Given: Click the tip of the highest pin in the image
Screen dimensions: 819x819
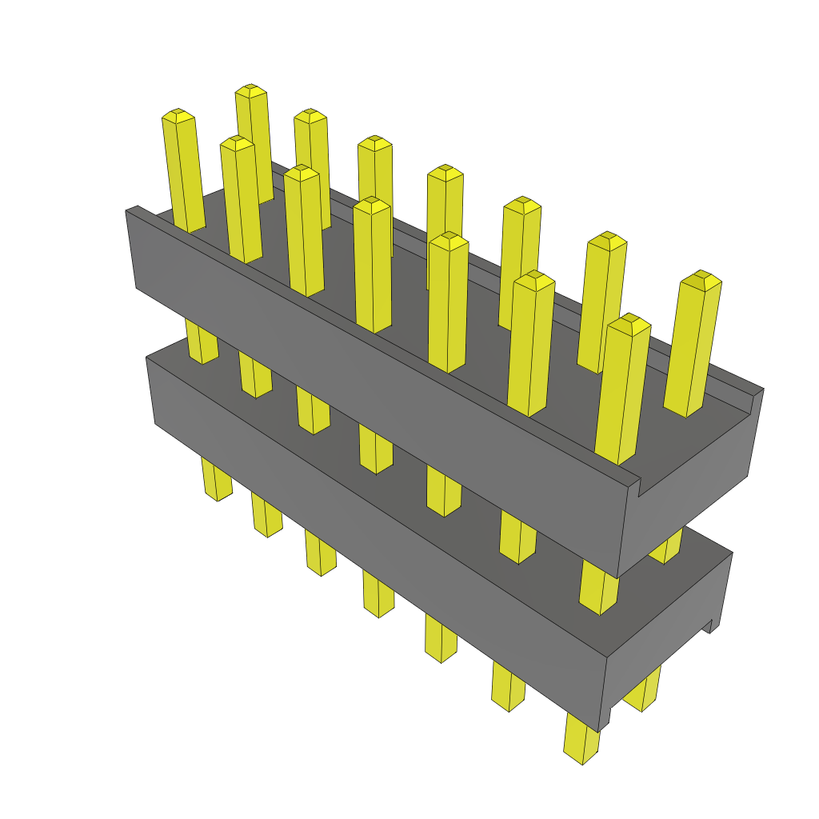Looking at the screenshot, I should [250, 90].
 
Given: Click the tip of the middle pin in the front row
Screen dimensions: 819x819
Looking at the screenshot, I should [372, 203].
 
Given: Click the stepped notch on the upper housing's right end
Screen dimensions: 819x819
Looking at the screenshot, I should [640, 483].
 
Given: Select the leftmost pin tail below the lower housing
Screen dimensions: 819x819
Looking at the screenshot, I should [216, 480].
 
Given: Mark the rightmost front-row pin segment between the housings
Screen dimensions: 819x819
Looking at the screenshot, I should [598, 588].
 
